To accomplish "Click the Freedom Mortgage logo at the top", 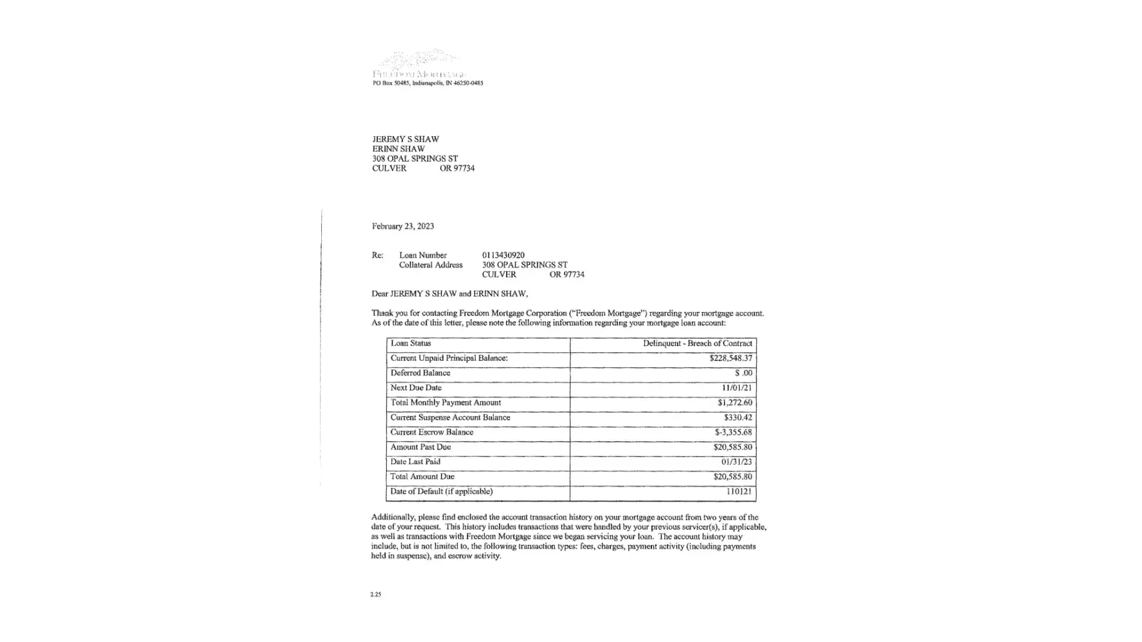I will pos(419,65).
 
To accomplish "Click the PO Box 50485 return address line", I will pos(428,83).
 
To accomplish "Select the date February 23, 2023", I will pos(403,226).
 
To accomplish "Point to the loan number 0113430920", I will pos(503,255).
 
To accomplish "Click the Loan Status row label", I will pos(411,343).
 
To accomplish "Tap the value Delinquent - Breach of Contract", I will pos(698,343).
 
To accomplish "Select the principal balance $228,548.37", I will pos(731,358).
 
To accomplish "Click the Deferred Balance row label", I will pos(421,373).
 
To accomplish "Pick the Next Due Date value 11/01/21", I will pos(737,388).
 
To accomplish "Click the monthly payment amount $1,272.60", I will pos(735,403).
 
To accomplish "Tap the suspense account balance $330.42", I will pos(738,417).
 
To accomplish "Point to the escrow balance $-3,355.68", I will pos(734,432).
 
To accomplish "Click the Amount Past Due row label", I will pos(421,447).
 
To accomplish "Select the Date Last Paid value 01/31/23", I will pos(737,462).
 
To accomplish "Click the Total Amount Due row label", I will pos(423,476).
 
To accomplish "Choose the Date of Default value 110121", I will pos(739,491).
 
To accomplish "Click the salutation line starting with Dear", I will pos(450,293).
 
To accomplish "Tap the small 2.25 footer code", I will pos(376,594).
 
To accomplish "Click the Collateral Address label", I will pos(430,265).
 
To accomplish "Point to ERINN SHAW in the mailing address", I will pos(398,149).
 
